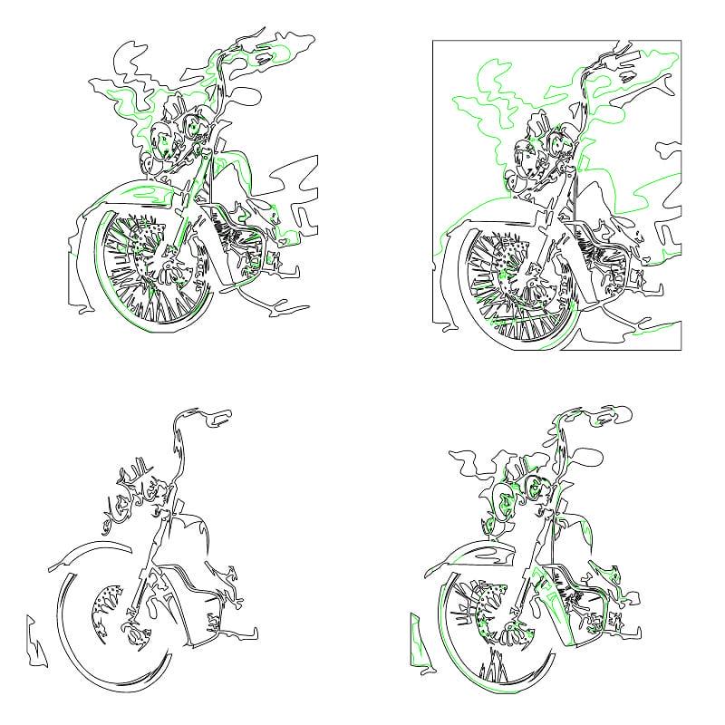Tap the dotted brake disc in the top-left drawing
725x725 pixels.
point(145,241)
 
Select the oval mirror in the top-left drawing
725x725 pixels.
point(246,94)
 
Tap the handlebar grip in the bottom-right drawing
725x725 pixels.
point(602,416)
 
